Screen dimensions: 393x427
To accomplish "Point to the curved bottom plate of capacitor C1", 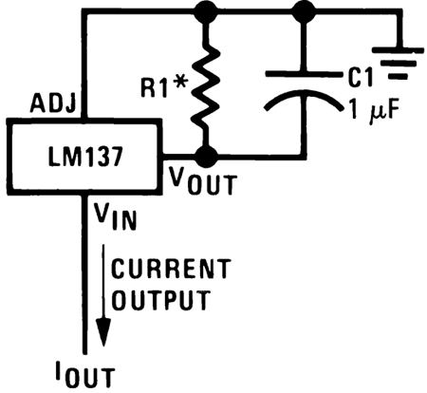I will pos(305,98).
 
